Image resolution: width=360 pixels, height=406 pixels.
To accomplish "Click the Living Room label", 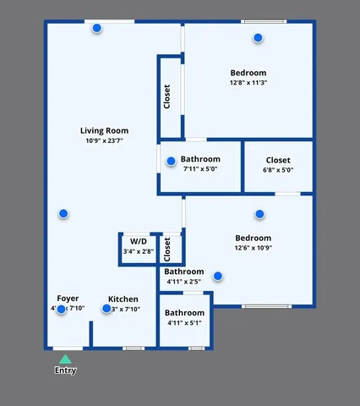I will (x=104, y=130).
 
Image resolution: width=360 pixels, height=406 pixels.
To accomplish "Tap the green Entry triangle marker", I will (x=65, y=359).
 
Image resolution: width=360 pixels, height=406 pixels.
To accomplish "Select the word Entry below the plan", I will (x=65, y=370).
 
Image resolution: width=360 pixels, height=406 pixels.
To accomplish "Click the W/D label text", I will (x=138, y=241).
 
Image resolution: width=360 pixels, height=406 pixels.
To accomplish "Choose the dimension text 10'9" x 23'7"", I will (x=104, y=141).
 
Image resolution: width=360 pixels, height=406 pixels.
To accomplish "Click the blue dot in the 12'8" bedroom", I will (x=258, y=37).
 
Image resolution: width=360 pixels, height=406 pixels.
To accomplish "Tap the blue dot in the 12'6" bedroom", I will (x=259, y=214).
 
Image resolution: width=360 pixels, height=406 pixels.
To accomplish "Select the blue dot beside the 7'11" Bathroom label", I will (x=171, y=161).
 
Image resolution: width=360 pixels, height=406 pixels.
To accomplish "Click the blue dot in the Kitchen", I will (x=106, y=309).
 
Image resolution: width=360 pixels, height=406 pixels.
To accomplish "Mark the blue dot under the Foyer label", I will (x=62, y=309).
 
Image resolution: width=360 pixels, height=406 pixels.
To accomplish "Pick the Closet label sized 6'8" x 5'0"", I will (x=278, y=160).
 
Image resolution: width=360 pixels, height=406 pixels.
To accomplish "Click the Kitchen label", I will (x=123, y=299).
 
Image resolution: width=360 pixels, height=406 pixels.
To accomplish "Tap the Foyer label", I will (x=68, y=299).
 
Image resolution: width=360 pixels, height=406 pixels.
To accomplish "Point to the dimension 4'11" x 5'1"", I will (x=183, y=322).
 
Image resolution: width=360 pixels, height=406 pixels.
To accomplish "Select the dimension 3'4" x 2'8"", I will (x=138, y=251).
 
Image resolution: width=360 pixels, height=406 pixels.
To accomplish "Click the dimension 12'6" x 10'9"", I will (x=253, y=249).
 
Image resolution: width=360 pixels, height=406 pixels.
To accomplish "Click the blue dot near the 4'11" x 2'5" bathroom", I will (x=218, y=276).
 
